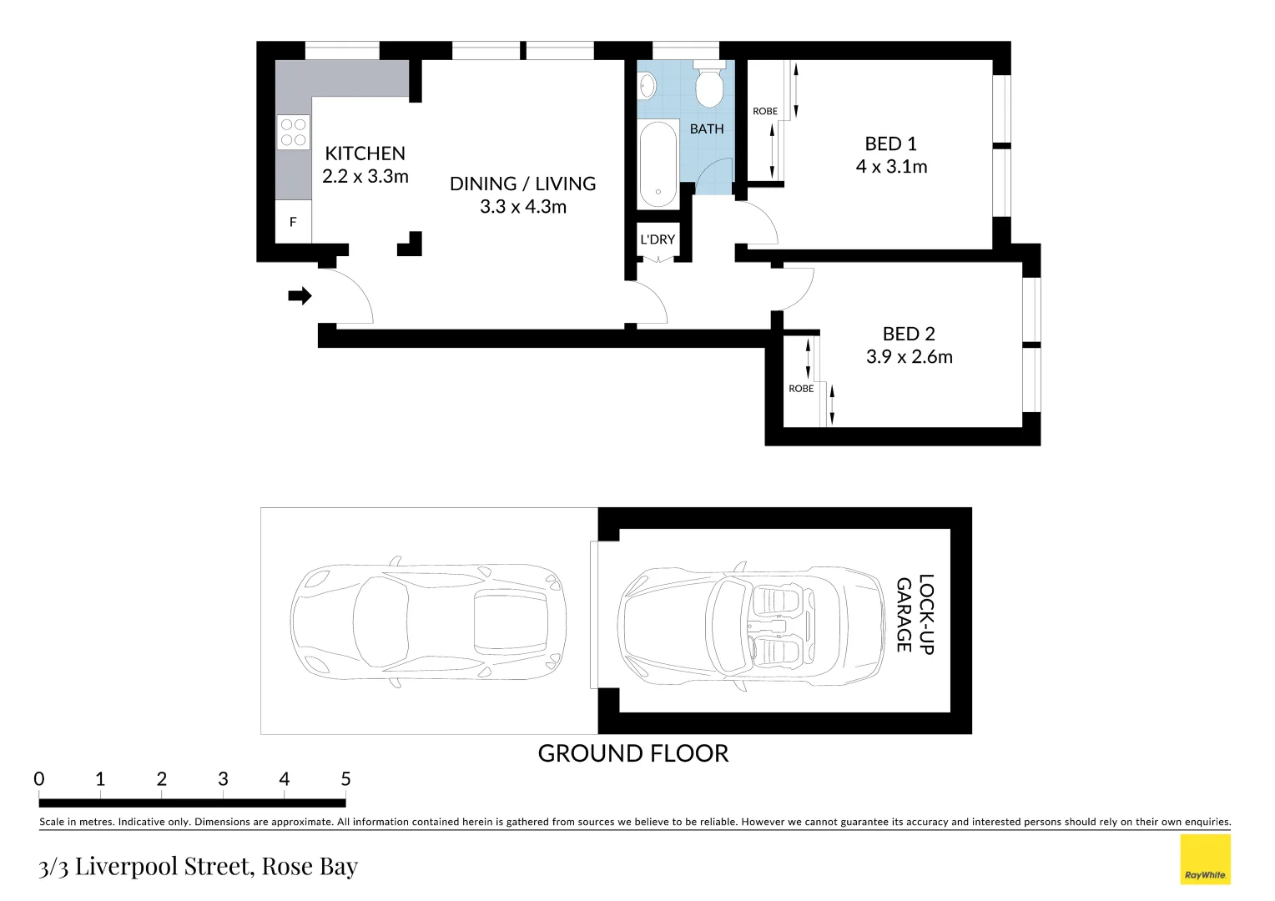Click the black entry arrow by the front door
300,295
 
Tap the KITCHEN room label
365,154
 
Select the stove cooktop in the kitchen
293,133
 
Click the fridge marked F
293,222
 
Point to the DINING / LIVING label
522,184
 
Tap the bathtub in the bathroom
658,164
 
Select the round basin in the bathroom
647,84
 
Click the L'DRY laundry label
658,239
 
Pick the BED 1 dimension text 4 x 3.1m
891,167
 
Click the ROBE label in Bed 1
765,111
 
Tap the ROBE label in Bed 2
801,389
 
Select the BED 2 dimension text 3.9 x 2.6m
909,357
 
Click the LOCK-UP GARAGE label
915,613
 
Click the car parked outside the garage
428,622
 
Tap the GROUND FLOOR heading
632,753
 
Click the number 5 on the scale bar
345,779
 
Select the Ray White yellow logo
1205,859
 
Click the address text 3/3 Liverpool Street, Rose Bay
199,867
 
